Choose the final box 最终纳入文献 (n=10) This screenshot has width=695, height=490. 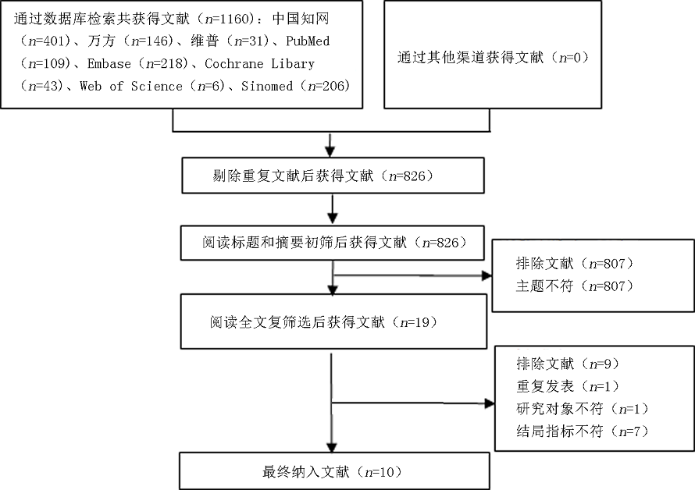coord(334,471)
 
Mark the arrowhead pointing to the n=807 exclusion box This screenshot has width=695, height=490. coord(486,275)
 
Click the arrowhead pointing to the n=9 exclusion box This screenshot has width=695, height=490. coord(489,403)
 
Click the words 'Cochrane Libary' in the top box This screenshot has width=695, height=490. coord(258,63)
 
